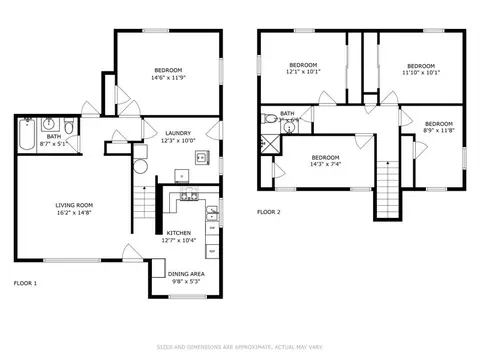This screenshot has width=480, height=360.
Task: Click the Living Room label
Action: click(74, 205)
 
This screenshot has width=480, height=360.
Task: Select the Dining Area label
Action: click(185, 273)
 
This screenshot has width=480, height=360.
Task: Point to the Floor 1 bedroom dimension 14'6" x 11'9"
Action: click(168, 78)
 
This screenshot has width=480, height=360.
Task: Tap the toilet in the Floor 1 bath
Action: click(69, 128)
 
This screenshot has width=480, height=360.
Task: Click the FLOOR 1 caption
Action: click(25, 283)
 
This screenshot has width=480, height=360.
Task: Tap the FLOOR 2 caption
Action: click(269, 212)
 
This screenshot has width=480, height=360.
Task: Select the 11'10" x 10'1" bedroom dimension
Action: click(420, 72)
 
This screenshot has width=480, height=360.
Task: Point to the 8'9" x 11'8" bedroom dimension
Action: click(439, 130)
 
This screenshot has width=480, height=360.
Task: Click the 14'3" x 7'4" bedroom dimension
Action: click(325, 165)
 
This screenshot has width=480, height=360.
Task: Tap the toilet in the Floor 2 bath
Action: click(269, 119)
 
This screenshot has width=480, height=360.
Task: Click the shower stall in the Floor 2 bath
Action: click(268, 142)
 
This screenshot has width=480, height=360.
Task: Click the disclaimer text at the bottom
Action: click(240, 348)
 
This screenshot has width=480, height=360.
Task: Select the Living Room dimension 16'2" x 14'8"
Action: click(74, 212)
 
